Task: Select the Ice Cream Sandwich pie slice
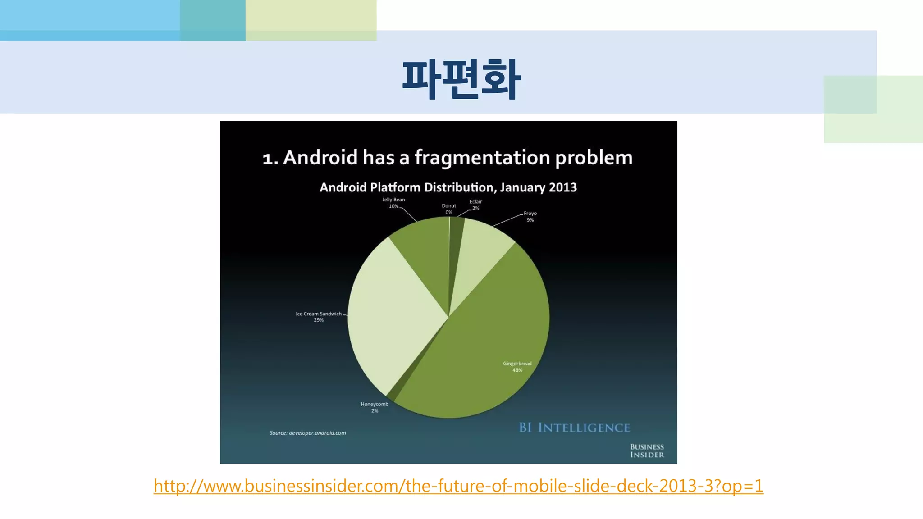click(x=392, y=315)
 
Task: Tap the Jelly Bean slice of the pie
click(x=424, y=252)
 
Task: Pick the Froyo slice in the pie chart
click(x=478, y=252)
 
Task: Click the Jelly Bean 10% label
click(x=393, y=203)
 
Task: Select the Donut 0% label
click(x=449, y=209)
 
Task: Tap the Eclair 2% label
click(x=475, y=205)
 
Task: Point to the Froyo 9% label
click(x=530, y=217)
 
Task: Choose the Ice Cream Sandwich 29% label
click(x=319, y=317)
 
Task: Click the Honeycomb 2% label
click(x=375, y=407)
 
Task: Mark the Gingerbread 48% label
click(x=517, y=367)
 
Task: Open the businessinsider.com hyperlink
click(x=458, y=486)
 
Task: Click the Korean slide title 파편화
click(x=461, y=79)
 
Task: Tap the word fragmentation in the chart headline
click(x=482, y=158)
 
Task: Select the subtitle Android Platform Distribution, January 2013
click(x=448, y=187)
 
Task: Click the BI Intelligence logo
click(x=575, y=428)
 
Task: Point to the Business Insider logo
click(x=647, y=451)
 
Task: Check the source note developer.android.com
click(x=308, y=433)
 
